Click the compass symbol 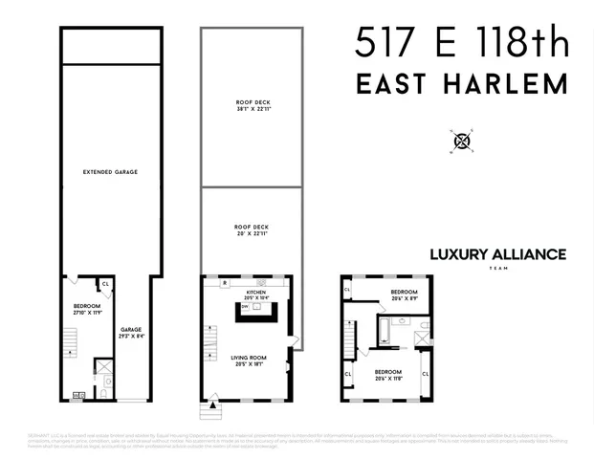(463, 141)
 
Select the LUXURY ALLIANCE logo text (496, 254)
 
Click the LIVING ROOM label (250, 361)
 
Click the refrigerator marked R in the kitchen (224, 284)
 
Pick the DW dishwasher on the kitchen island (245, 308)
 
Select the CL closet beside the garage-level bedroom (105, 283)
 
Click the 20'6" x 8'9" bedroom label (403, 295)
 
